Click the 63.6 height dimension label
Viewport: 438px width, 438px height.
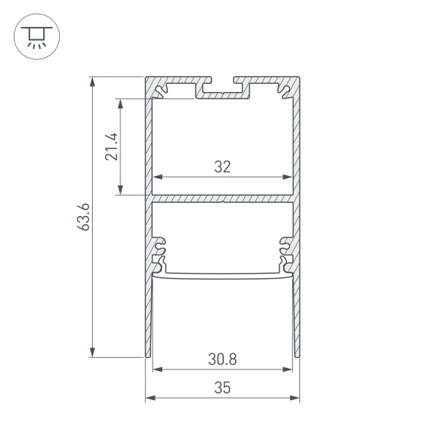tap(85, 217)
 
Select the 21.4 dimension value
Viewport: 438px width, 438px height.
tap(110, 147)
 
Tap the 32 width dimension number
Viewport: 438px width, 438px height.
tap(223, 166)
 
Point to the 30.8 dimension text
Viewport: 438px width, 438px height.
tap(223, 359)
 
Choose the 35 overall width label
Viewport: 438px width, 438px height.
tap(223, 388)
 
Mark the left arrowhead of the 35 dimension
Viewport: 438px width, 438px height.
tap(151, 398)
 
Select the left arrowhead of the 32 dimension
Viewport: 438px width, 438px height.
tap(156, 177)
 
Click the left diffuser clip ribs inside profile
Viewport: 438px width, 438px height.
tap(160, 252)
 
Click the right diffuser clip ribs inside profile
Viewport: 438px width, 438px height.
tap(285, 252)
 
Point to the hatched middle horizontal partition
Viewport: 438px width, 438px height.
tap(223, 198)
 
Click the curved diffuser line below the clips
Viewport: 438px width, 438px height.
tap(223, 277)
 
